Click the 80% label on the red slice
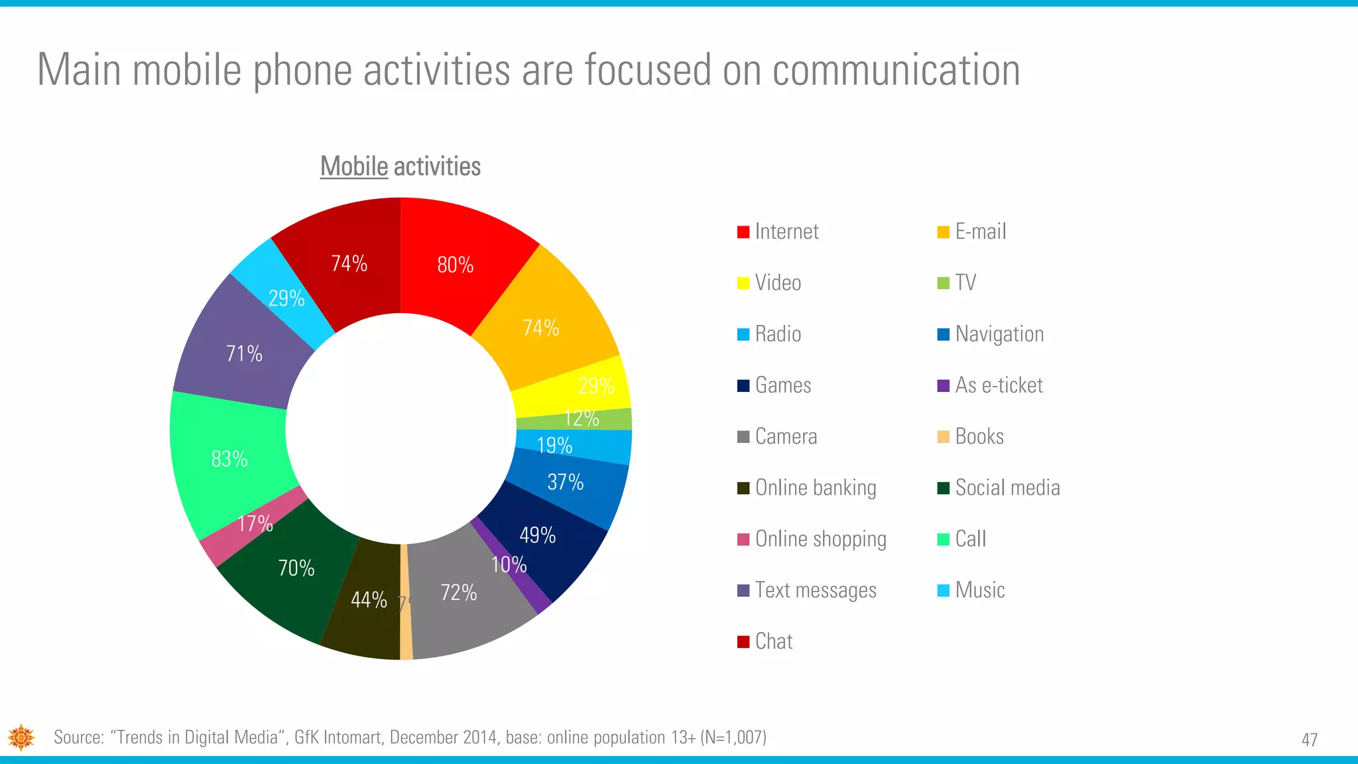pyautogui.click(x=456, y=265)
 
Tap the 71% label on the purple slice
pyautogui.click(x=244, y=353)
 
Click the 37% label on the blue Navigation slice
pyautogui.click(x=566, y=482)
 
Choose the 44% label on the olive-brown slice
pyautogui.click(x=369, y=600)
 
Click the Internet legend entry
pyautogui.click(x=786, y=231)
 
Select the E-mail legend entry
pyautogui.click(x=980, y=231)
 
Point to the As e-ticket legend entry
pyautogui.click(x=999, y=385)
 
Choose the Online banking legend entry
pyautogui.click(x=815, y=488)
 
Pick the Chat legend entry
pyautogui.click(x=773, y=641)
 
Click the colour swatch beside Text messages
pyautogui.click(x=743, y=590)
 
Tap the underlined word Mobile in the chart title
pyautogui.click(x=354, y=166)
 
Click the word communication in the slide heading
pyautogui.click(x=896, y=70)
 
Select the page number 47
pyautogui.click(x=1310, y=739)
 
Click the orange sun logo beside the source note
pyautogui.click(x=21, y=737)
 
